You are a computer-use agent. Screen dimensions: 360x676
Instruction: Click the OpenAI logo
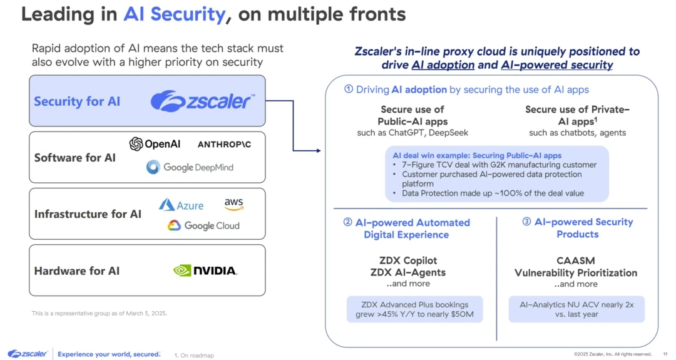[x=155, y=144]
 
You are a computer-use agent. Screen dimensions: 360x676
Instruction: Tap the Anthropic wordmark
[x=224, y=145]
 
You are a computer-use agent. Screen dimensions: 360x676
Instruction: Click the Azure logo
[x=181, y=205]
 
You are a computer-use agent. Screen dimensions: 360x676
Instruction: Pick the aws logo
[x=233, y=205]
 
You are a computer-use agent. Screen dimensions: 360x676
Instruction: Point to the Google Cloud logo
[x=203, y=225]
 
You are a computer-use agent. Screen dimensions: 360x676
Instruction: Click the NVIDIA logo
[x=205, y=270]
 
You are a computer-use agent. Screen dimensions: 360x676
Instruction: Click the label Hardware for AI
[x=77, y=271]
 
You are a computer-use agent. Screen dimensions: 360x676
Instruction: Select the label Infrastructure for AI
[x=88, y=214]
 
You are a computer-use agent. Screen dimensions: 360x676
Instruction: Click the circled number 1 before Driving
[x=349, y=90]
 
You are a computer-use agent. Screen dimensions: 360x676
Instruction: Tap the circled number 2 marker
[x=347, y=222]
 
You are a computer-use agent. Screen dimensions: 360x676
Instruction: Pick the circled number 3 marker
[x=526, y=222]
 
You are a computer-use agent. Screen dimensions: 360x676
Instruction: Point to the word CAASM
[x=575, y=260]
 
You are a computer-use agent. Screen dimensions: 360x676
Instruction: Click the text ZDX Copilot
[x=407, y=260]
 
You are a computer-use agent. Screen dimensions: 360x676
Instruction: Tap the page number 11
[x=665, y=354]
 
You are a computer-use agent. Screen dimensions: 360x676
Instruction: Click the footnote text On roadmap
[x=197, y=356]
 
